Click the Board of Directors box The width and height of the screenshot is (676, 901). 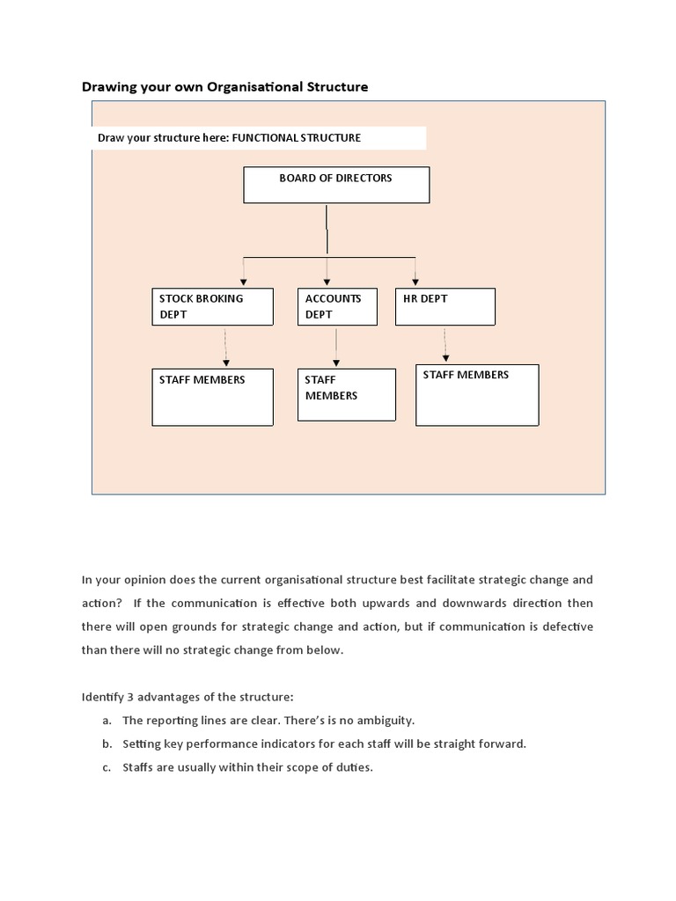(x=336, y=185)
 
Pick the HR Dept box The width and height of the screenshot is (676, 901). (x=445, y=306)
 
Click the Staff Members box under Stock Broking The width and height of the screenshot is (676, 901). (x=211, y=397)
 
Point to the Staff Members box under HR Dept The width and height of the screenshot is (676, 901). (x=476, y=395)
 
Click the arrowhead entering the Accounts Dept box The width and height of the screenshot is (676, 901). (x=327, y=281)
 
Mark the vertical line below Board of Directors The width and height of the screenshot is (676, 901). (x=327, y=230)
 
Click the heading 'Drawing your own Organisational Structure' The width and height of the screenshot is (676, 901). (x=224, y=86)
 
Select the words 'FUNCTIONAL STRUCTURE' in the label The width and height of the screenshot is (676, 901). (x=296, y=138)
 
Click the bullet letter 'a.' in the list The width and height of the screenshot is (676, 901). (x=107, y=720)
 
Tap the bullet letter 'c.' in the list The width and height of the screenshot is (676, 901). (x=107, y=767)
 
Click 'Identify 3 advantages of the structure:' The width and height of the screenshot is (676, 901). (x=187, y=697)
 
